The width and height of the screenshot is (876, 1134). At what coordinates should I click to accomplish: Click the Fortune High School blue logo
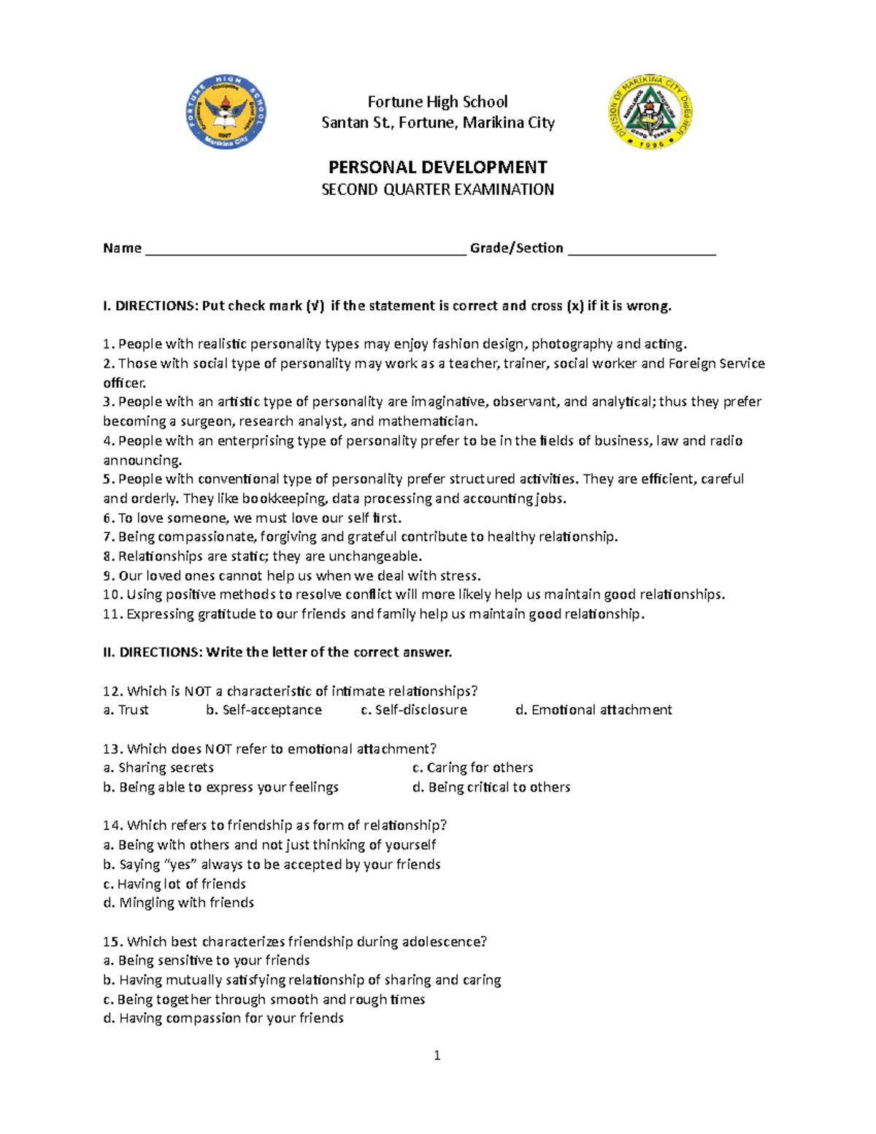pos(226,112)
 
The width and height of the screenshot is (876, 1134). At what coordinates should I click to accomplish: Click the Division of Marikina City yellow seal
pos(650,112)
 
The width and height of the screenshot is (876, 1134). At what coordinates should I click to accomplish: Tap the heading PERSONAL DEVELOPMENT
pos(437,167)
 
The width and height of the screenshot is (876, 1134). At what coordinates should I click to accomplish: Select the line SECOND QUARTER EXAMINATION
pos(437,190)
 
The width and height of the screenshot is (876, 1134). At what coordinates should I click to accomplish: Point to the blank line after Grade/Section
pos(642,249)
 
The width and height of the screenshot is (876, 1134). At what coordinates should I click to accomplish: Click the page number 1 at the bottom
pos(437,1055)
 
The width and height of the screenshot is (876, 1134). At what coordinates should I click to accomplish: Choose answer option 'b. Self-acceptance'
pos(264,710)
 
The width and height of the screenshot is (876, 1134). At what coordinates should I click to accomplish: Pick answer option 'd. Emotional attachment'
pos(593,710)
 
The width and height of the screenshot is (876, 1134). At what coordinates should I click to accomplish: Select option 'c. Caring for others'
pos(472,767)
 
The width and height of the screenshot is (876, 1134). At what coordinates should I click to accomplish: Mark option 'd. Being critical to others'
pos(491,787)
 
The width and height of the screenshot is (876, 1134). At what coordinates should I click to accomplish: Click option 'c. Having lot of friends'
pos(174,884)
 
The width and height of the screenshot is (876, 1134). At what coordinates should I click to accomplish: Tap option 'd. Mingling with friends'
pos(179,903)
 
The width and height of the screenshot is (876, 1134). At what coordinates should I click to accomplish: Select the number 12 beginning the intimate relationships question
pos(112,691)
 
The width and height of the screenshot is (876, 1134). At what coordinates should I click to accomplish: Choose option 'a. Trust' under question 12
pos(126,710)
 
